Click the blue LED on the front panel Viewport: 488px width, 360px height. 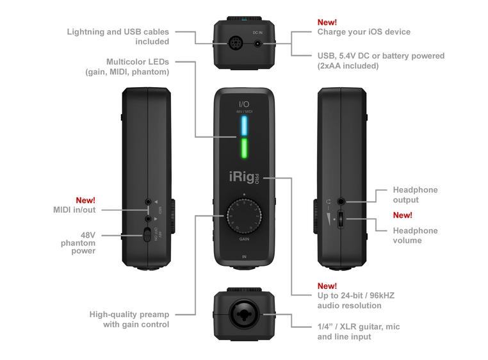click(244, 127)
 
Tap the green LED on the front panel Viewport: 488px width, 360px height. click(244, 150)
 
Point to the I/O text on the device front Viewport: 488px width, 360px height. click(244, 104)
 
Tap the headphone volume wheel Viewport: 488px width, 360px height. click(341, 220)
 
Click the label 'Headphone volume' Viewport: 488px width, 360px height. click(415, 235)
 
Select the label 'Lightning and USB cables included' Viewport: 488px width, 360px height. click(118, 37)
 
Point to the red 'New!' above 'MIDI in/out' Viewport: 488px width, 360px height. click(85, 200)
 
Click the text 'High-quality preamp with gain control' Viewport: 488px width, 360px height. click(129, 319)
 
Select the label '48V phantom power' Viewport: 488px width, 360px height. click(78, 243)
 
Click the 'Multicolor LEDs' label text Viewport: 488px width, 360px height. click(127, 67)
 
